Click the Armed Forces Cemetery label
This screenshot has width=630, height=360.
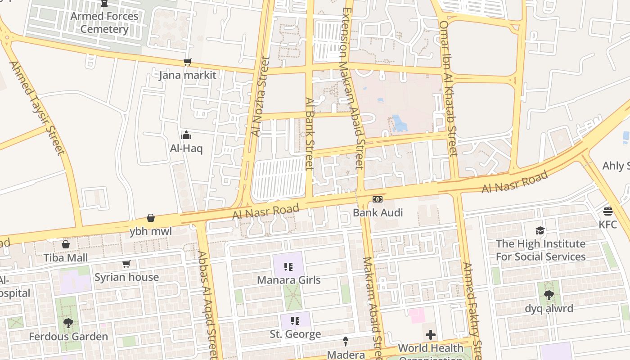tap(104, 22)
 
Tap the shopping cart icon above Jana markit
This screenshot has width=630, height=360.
tap(187, 62)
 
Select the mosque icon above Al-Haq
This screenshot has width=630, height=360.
tap(186, 135)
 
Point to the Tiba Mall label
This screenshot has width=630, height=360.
tap(66, 258)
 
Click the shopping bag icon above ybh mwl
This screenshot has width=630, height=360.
tap(151, 218)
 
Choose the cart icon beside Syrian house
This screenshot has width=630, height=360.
tap(126, 264)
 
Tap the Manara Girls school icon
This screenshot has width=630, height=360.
tap(288, 267)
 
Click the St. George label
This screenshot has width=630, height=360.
tap(295, 334)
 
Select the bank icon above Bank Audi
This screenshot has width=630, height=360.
tap(378, 199)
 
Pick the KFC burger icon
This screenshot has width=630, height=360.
tap(608, 211)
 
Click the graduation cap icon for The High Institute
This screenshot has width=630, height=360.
tap(540, 231)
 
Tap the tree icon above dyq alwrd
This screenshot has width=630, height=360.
tap(549, 296)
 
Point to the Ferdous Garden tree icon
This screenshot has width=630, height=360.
tap(68, 323)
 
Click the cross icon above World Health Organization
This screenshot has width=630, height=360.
tap(431, 335)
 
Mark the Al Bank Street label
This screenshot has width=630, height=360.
tap(309, 134)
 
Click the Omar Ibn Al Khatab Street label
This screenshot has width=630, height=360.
tap(448, 88)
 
